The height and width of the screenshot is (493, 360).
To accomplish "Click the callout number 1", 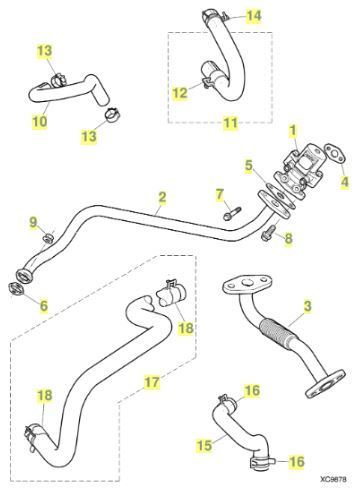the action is [x=293, y=130].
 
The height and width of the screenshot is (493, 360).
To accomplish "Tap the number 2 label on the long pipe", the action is [x=162, y=197].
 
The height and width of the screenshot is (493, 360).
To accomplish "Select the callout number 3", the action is [x=307, y=306].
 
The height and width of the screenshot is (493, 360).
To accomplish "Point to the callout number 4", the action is [x=345, y=182].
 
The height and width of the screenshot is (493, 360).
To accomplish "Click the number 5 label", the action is [x=249, y=166].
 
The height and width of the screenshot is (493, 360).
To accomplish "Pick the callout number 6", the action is [x=44, y=305].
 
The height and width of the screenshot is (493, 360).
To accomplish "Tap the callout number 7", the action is [x=219, y=194].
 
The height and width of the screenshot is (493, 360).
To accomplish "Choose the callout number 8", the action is [x=289, y=238].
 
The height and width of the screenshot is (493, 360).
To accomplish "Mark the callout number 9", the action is [x=33, y=222].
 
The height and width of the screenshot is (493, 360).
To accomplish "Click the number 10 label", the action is [x=40, y=121].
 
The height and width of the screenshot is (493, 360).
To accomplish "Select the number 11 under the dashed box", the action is [x=231, y=123].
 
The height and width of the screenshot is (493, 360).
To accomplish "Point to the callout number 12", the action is [x=180, y=93].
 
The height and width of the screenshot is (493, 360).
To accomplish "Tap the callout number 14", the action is [x=254, y=16].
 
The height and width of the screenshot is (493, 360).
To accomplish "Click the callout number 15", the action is [x=204, y=445].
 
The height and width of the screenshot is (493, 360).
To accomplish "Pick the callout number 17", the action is [x=152, y=382].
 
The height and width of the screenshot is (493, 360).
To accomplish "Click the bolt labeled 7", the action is [x=232, y=213].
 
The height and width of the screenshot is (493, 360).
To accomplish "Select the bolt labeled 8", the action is [x=268, y=233].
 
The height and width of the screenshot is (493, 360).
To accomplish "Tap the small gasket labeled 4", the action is [x=336, y=154].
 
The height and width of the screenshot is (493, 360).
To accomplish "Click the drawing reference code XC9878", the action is [x=333, y=479].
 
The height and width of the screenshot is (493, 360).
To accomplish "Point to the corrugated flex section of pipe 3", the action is [x=276, y=333].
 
